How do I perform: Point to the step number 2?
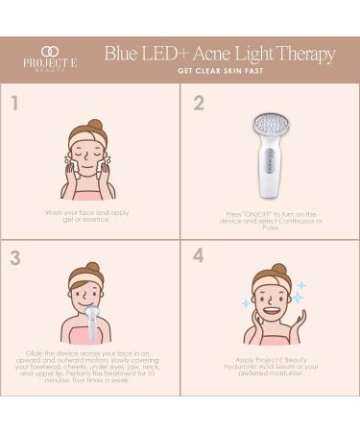click(199, 103)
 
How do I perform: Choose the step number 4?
click(199, 257)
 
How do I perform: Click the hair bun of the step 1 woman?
click(94, 126)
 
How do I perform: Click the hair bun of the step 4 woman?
click(278, 271)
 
